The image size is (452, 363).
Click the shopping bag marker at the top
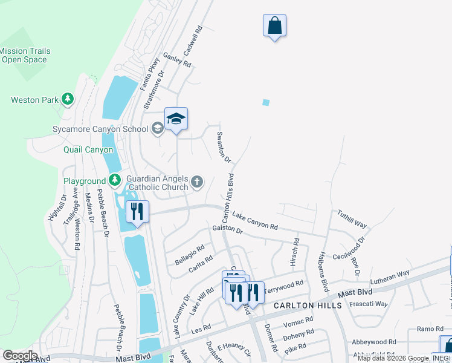pos(274,26)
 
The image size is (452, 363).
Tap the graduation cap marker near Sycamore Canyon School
pos(176,119)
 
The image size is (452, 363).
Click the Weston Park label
pos(33,100)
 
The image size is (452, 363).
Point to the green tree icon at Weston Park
pos(68,99)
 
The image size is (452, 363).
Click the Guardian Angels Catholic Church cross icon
pos(197,181)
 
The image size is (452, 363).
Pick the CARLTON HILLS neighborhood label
pos(308,306)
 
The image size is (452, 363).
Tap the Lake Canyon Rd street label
pos(255,221)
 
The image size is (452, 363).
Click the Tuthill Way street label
pos(352,219)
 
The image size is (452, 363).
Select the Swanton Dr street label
pos(224,147)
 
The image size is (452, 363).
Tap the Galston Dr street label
pos(227,231)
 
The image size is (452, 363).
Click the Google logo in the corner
pos(19,356)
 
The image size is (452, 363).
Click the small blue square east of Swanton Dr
pos(266,102)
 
